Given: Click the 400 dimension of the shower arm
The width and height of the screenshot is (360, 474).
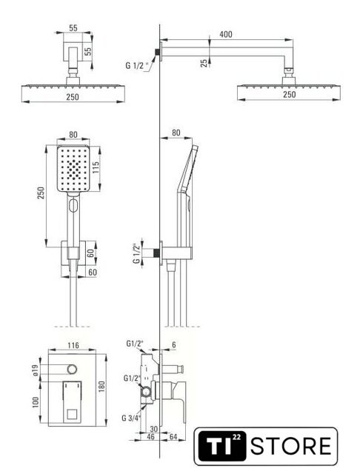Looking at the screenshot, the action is [226, 34].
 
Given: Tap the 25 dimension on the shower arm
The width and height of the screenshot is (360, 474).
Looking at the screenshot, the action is [204, 62].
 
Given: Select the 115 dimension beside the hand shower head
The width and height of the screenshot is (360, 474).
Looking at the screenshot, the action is [96, 168].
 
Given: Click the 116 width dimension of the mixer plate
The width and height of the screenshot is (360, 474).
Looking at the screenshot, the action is [73, 345].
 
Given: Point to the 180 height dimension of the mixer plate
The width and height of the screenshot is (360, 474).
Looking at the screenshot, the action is [101, 387].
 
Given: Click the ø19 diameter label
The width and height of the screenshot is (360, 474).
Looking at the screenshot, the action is [35, 370].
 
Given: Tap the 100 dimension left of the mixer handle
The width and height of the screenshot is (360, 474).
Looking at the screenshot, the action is [36, 402].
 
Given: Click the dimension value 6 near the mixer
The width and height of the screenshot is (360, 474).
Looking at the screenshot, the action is [174, 344].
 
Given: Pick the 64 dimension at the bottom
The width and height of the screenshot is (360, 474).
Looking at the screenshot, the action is [173, 436].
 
